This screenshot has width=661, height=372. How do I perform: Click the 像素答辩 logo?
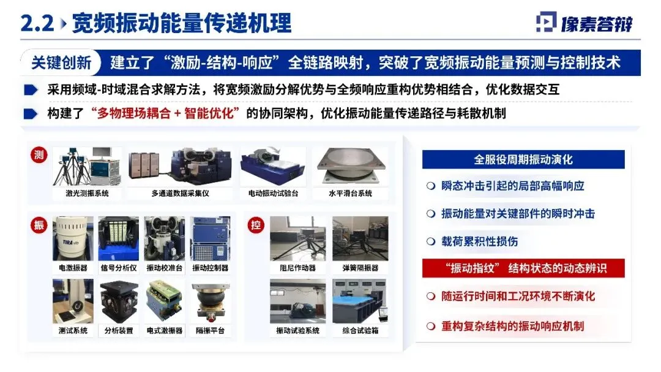tap(584, 23)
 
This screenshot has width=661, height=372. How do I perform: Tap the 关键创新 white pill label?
tap(61, 63)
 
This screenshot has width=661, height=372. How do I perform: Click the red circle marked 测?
tap(39, 155)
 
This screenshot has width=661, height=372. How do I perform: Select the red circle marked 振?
tap(39, 225)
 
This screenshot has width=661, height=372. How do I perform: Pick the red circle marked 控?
tap(256, 225)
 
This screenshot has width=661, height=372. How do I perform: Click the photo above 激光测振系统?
tap(88, 167)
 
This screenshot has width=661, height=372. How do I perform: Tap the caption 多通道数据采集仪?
tap(180, 194)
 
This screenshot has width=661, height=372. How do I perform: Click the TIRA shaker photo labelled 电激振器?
tap(73, 238)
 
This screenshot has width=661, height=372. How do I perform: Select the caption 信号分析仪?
tap(119, 268)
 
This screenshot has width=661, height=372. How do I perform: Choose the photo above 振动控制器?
tap(210, 238)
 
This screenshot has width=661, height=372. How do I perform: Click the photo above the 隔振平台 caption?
tap(210, 301)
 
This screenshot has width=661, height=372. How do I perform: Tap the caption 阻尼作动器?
tap(297, 268)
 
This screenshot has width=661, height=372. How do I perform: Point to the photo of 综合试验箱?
tap(360, 301)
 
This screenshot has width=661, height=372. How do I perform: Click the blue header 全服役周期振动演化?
tap(523, 159)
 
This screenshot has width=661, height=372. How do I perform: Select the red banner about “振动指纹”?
tap(523, 268)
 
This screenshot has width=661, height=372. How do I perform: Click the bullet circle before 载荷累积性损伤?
tap(430, 241)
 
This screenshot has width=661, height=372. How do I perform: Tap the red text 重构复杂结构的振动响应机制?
tap(513, 326)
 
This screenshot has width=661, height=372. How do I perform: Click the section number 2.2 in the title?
tap(37, 23)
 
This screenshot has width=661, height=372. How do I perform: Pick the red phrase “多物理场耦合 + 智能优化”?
tap(165, 113)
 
